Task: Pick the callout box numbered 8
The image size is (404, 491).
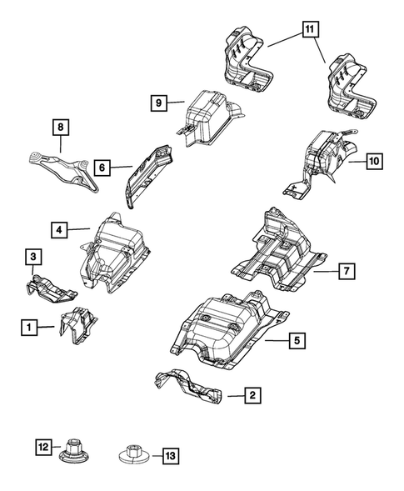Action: [60, 128]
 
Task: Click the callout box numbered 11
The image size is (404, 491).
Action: [309, 31]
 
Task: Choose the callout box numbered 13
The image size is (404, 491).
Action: [171, 456]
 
